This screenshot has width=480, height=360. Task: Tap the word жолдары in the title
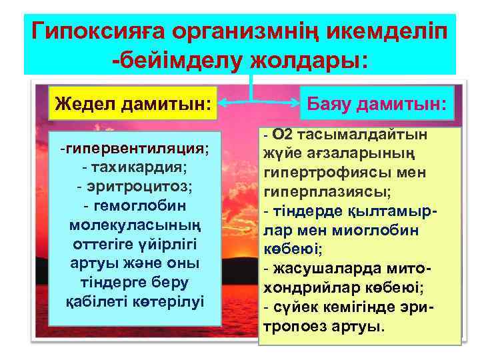coord(306,60)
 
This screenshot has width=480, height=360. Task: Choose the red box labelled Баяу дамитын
coord(376,103)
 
